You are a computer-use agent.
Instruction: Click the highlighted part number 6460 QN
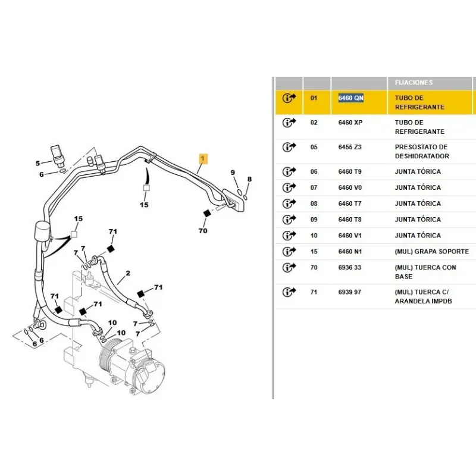coord(350,98)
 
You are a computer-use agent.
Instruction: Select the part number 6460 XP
coord(350,123)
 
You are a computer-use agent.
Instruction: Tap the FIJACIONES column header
coord(414,83)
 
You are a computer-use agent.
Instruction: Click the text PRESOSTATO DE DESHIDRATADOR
coord(421,151)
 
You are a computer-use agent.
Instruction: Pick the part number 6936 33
coord(350,268)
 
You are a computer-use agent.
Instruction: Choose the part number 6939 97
coord(350,292)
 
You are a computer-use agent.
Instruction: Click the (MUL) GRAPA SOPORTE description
coord(431,252)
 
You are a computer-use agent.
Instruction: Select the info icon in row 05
coord(289,147)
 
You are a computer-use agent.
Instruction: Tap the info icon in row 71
coord(289,292)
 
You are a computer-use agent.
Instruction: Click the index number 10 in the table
coord(314,236)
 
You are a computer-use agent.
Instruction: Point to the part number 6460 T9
coord(350,171)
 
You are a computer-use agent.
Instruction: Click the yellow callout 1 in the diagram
coord(203,159)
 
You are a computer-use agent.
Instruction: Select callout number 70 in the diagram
coord(203,230)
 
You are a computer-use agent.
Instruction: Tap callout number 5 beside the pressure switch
coord(37,163)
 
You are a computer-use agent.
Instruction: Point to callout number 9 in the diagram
coord(233,173)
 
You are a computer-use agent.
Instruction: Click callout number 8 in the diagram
coord(249,179)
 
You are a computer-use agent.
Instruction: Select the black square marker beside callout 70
coord(206,214)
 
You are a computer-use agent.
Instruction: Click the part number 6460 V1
coord(350,236)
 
